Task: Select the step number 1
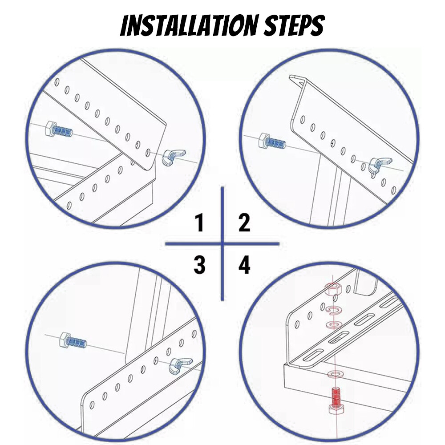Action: point(199,222)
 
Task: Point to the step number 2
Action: point(244,222)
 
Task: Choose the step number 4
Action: point(244,265)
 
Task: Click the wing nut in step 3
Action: point(175,366)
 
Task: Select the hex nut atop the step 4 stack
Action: point(332,289)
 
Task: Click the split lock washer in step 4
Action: point(332,310)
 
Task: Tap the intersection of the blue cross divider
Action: point(222,244)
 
